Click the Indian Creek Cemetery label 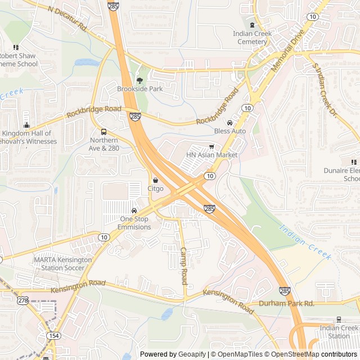252,38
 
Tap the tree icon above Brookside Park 139,80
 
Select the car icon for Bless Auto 229,123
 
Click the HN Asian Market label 211,155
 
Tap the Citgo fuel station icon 155,181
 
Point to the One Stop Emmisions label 134,223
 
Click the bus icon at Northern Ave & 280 103,132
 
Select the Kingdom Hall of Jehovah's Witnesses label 29,137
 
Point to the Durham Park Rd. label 286,303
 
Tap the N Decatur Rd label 67,19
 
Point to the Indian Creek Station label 339,332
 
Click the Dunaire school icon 354,162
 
